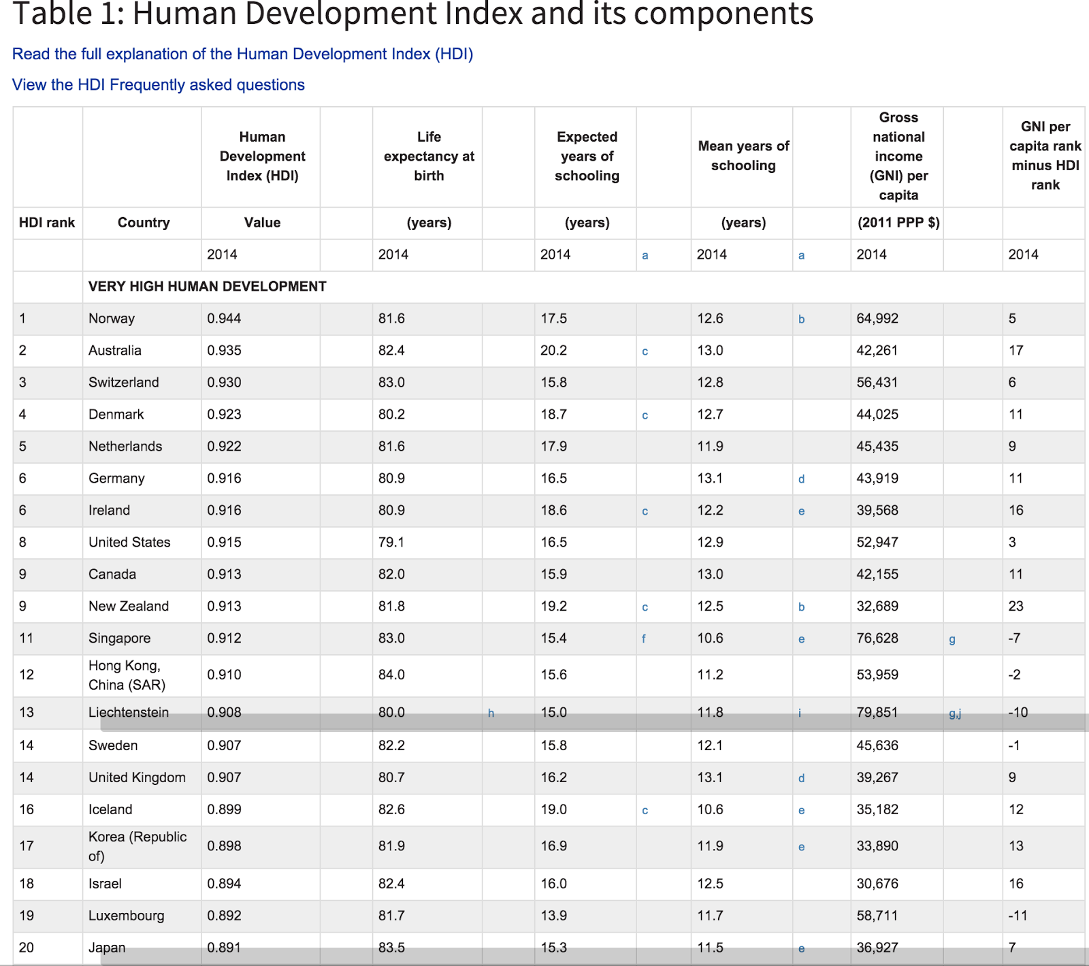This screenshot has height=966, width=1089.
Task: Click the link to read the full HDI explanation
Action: tap(242, 54)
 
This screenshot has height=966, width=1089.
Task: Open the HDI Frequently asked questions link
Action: tap(158, 85)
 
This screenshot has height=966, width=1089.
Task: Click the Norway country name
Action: tap(112, 319)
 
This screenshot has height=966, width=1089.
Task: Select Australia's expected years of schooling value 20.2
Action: tap(553, 351)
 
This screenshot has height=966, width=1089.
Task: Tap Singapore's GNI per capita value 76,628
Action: tap(877, 639)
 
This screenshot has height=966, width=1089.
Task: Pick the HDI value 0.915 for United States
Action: tap(224, 543)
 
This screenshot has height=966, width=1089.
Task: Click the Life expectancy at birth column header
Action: tap(429, 157)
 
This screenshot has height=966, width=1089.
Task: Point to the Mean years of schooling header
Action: tap(743, 156)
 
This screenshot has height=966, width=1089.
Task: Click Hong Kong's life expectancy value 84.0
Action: tap(391, 675)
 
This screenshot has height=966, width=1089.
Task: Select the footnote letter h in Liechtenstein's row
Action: tap(491, 713)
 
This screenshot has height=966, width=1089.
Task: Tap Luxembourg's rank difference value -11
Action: tap(1018, 916)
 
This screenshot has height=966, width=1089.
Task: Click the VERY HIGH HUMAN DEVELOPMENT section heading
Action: tap(207, 287)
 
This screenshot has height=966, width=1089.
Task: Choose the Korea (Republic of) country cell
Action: tap(137, 846)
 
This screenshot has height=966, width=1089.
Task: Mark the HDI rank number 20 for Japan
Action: tap(27, 948)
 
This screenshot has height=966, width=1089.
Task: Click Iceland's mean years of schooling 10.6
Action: tap(710, 809)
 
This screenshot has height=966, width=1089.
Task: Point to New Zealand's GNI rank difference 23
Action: tap(1015, 607)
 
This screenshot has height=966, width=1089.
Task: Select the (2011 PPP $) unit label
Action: tap(898, 223)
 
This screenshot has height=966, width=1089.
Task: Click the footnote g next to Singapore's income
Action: tap(952, 639)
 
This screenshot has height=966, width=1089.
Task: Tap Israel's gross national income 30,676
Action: tap(877, 884)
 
